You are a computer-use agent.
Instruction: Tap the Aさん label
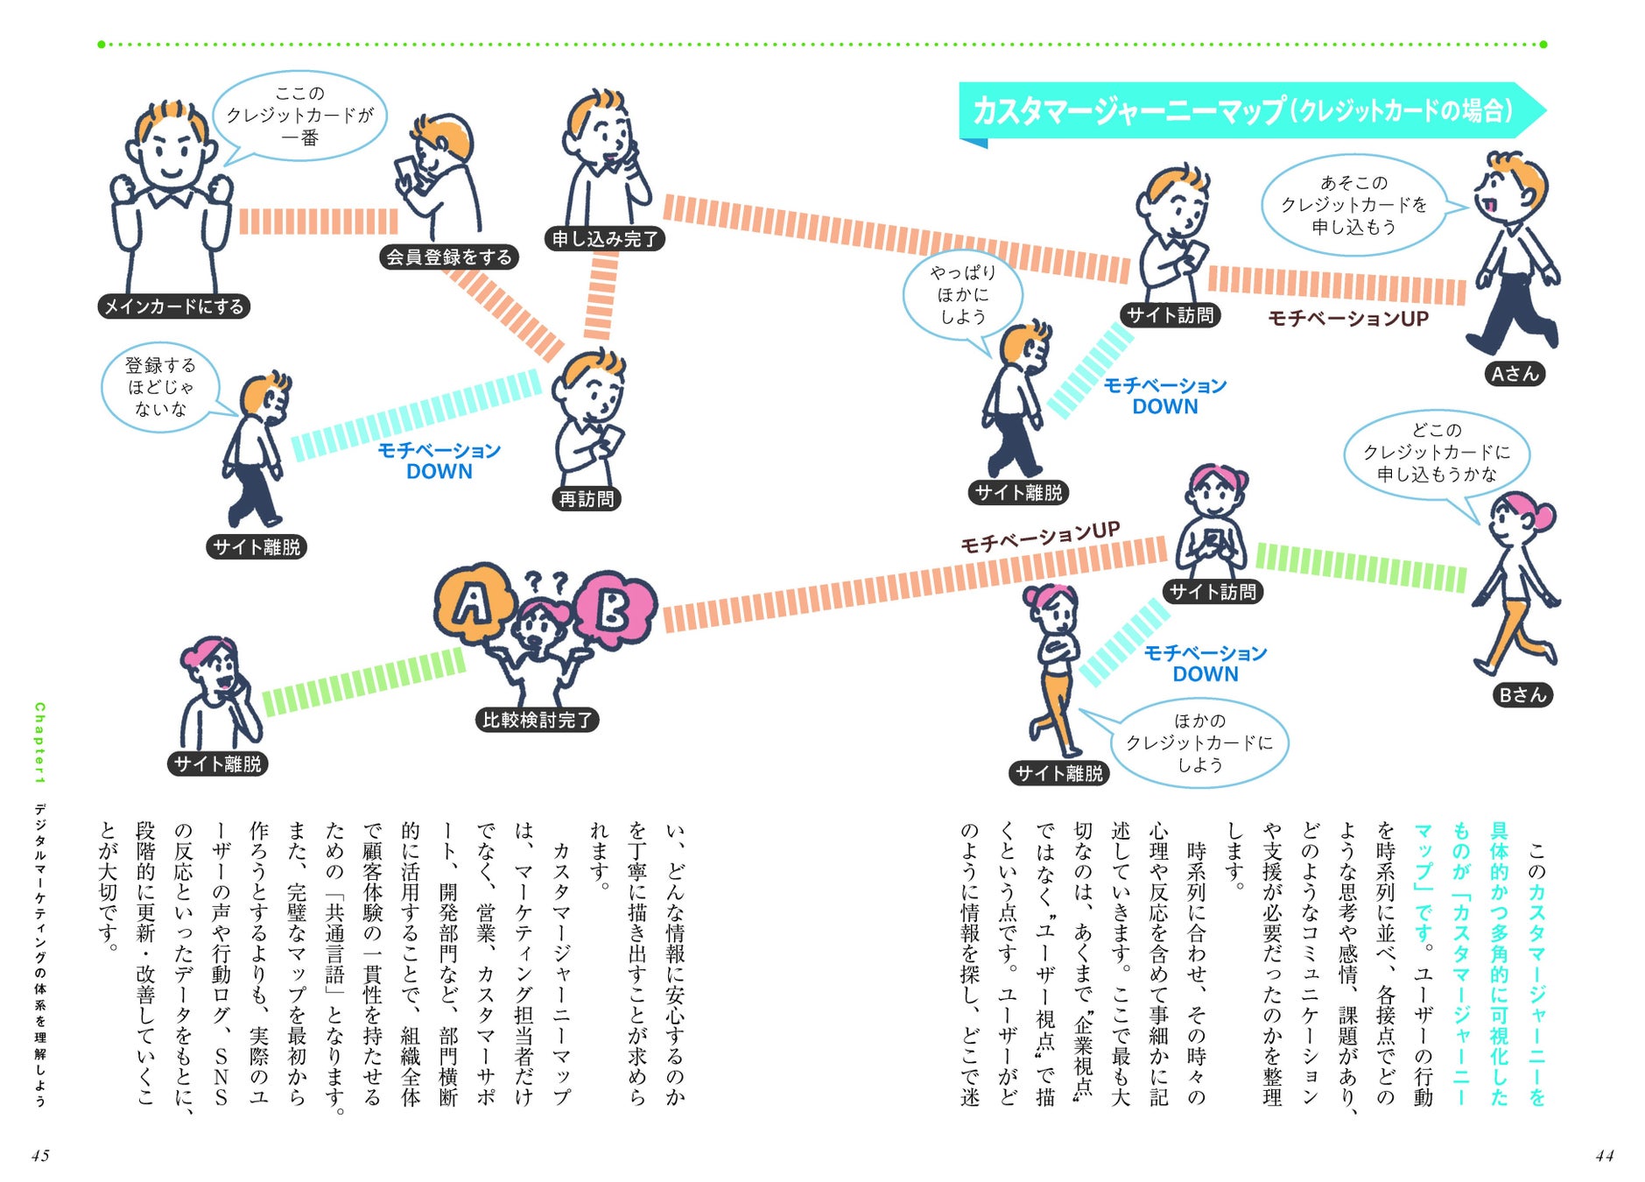(1515, 374)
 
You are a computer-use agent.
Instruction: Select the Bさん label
(1522, 695)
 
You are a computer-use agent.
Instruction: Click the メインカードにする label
(173, 306)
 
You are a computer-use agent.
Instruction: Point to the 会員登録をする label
(449, 257)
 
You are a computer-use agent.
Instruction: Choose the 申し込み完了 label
(605, 238)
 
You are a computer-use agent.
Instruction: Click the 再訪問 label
(587, 499)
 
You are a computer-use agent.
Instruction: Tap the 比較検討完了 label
(538, 720)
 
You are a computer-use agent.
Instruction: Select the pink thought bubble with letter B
(614, 609)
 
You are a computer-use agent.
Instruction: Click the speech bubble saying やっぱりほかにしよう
(963, 296)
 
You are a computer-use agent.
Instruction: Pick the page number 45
(40, 1156)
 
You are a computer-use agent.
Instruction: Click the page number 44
(1604, 1156)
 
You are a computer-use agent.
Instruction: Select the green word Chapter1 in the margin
(39, 742)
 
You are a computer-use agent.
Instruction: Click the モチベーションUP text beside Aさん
(1348, 319)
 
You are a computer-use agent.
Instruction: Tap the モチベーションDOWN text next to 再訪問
(439, 461)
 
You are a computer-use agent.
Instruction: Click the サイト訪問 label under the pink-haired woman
(1213, 592)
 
